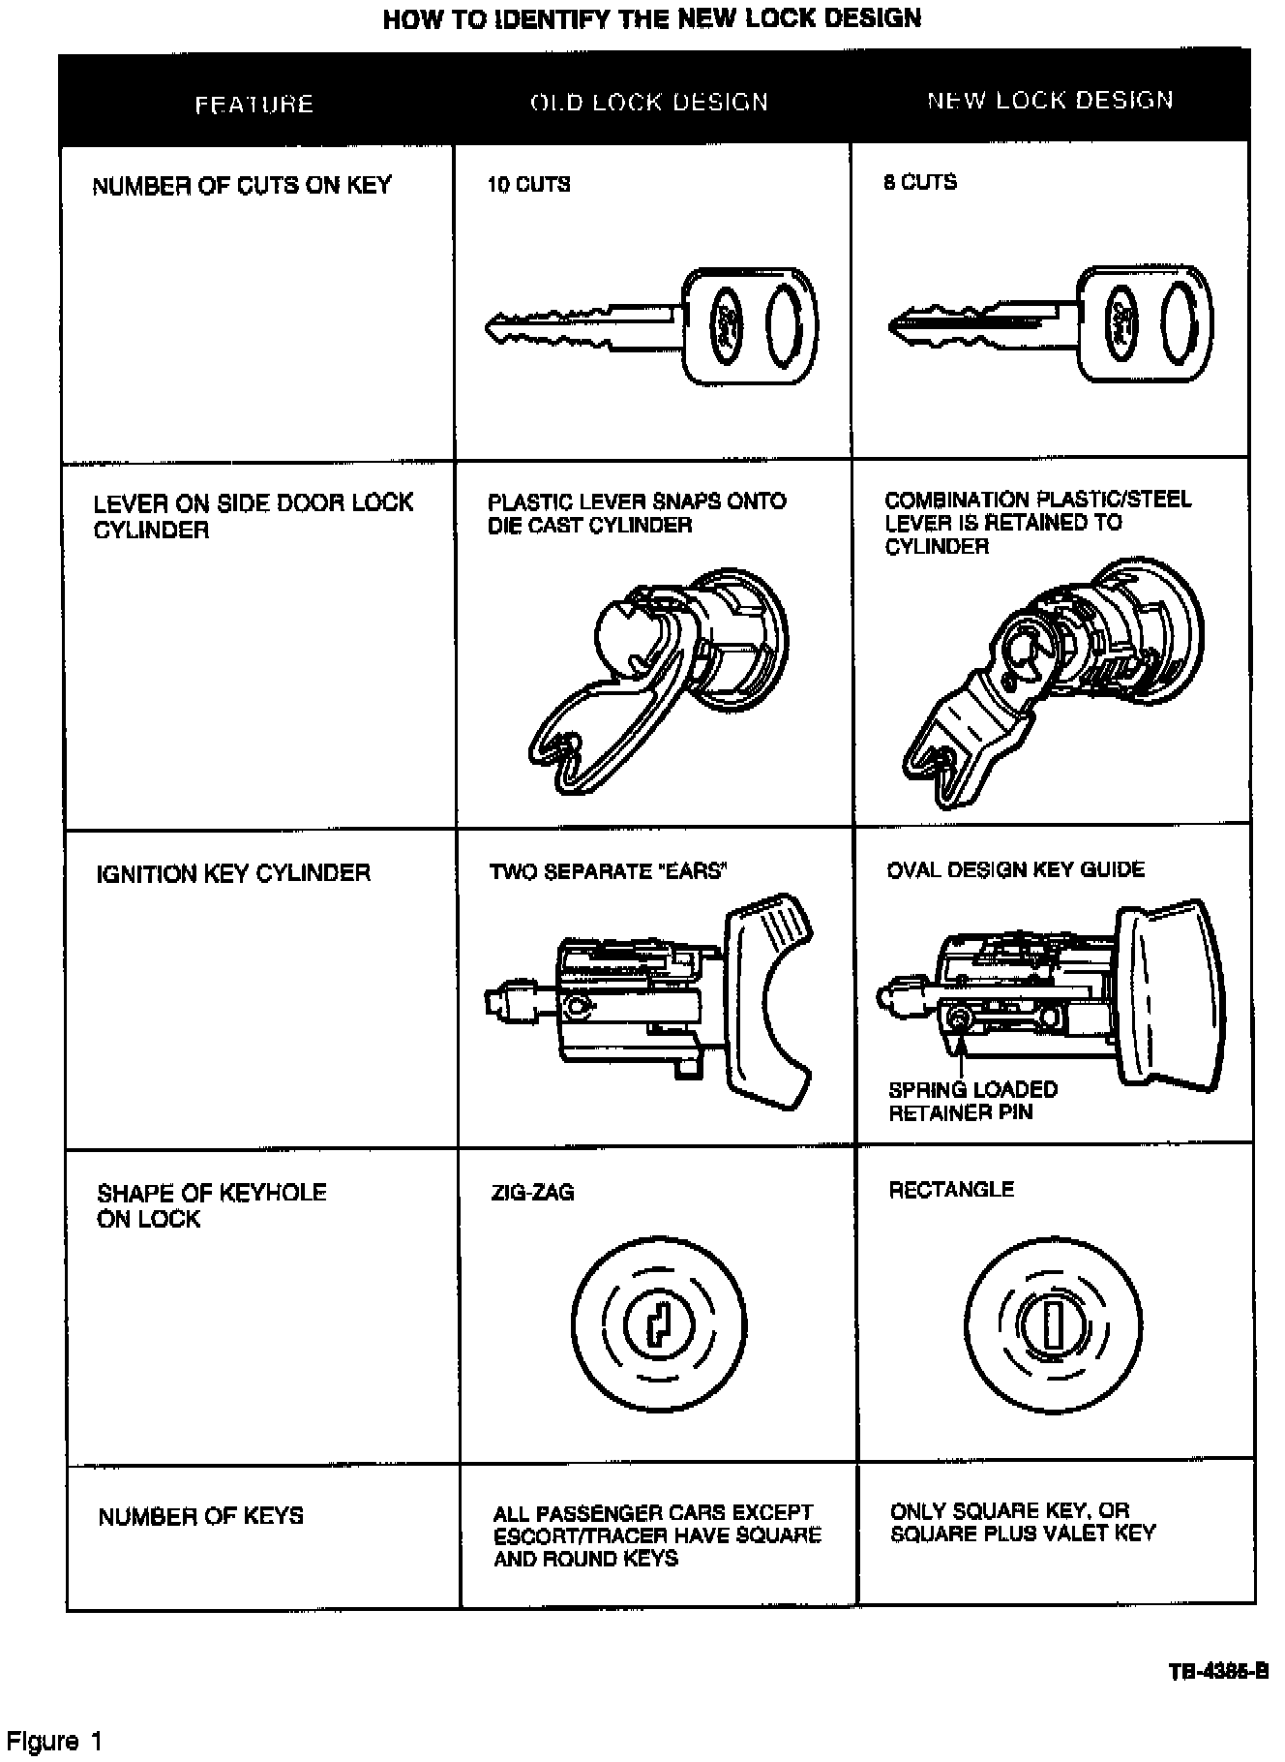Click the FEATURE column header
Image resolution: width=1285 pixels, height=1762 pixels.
tap(254, 105)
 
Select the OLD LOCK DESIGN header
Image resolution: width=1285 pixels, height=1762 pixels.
tap(649, 103)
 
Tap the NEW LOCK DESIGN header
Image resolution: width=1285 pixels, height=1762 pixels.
tap(1050, 101)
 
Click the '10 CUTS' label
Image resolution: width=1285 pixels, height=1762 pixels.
tap(528, 184)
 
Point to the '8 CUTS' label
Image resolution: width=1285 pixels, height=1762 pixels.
tap(920, 182)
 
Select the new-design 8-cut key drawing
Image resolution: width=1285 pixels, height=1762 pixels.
tap(1050, 323)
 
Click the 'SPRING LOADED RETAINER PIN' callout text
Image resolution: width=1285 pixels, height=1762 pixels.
tap(972, 1101)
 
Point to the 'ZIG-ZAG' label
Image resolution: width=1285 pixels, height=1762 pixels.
tap(532, 1192)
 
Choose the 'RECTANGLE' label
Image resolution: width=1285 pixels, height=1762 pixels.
tap(951, 1190)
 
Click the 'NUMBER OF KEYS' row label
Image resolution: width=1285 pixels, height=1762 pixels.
tap(201, 1516)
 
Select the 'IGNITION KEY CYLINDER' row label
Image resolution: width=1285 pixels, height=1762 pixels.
tap(233, 873)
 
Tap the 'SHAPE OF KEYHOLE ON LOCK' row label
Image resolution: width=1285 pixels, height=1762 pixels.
tap(212, 1205)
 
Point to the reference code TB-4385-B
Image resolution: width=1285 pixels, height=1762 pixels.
tap(1218, 1672)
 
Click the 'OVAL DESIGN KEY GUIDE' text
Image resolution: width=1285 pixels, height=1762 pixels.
tap(1016, 869)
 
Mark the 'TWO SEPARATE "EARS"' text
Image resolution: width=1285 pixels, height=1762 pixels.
tap(608, 871)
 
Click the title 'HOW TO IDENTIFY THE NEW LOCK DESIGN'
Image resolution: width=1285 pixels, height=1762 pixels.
tap(652, 17)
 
